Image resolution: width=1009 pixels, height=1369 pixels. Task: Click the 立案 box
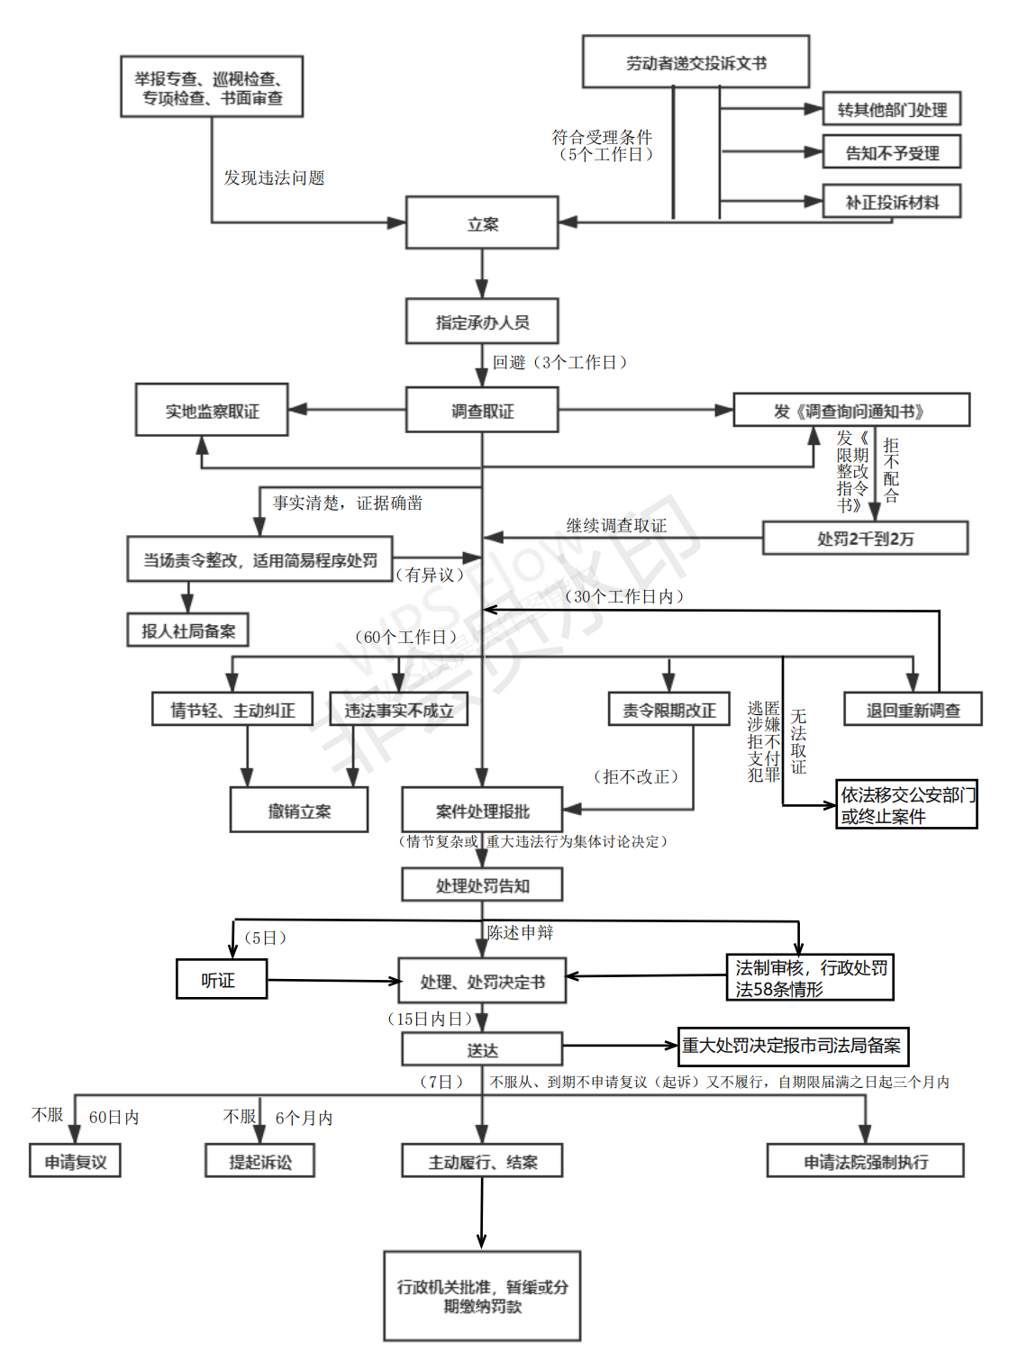coord(482,223)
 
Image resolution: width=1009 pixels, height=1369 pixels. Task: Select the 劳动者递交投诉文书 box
coord(695,62)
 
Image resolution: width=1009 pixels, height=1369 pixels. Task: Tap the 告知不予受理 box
coord(891,152)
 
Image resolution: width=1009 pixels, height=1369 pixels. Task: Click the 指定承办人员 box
coord(482,322)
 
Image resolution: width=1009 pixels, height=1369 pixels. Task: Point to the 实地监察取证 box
coord(212,411)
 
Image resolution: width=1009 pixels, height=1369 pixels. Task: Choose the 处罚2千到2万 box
coord(865,539)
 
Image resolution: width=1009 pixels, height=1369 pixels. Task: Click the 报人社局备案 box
coord(188,630)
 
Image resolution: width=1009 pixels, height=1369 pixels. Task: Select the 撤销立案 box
coord(299,811)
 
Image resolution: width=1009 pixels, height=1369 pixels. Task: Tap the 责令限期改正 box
coord(669,710)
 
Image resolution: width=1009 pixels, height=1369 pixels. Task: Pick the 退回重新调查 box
coord(913,710)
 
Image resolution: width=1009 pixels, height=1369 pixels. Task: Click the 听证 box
coord(221,979)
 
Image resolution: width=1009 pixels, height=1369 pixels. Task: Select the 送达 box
coord(482,1049)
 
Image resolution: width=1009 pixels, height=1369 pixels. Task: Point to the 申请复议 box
coord(75,1161)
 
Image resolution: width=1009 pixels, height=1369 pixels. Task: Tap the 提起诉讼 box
coord(259,1161)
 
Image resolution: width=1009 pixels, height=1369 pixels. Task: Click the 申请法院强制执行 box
coord(865,1161)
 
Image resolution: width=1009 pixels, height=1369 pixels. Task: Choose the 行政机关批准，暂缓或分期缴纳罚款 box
coord(482,1296)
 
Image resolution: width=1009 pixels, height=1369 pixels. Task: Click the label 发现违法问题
coord(274,177)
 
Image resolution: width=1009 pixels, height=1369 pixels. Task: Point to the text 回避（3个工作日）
coord(559,362)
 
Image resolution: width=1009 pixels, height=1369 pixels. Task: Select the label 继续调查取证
coord(616,525)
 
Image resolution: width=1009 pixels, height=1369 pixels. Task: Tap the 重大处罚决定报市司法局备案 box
coord(792,1046)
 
